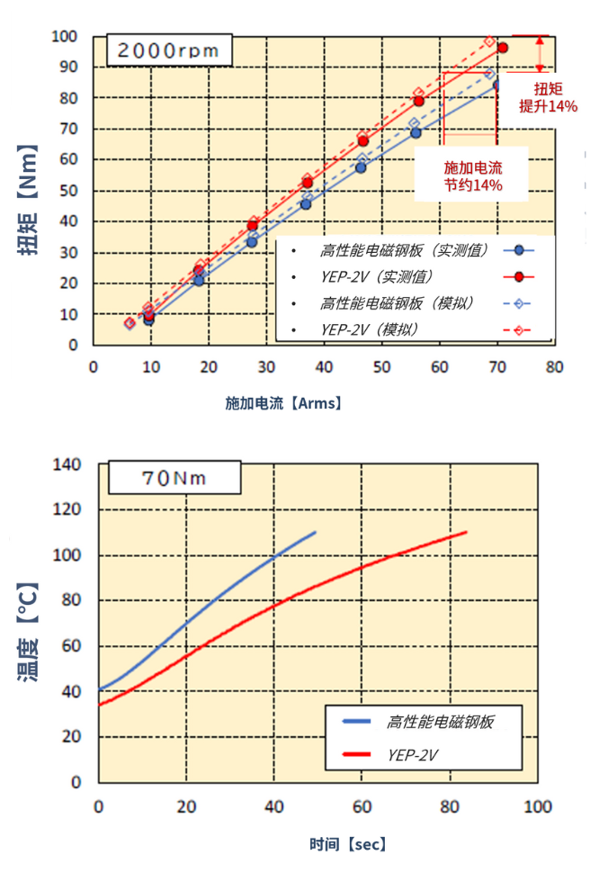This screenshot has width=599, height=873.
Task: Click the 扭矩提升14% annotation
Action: coord(549,97)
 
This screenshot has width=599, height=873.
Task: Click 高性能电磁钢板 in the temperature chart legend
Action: coord(441,721)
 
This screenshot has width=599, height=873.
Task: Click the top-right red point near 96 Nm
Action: coord(503,48)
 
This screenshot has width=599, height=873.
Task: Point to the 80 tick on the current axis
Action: coord(554,367)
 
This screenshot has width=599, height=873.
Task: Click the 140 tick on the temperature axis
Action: coord(69,464)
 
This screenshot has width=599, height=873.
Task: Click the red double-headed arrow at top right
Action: coord(540,54)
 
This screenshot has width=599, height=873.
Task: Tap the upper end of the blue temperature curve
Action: coord(315,532)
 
